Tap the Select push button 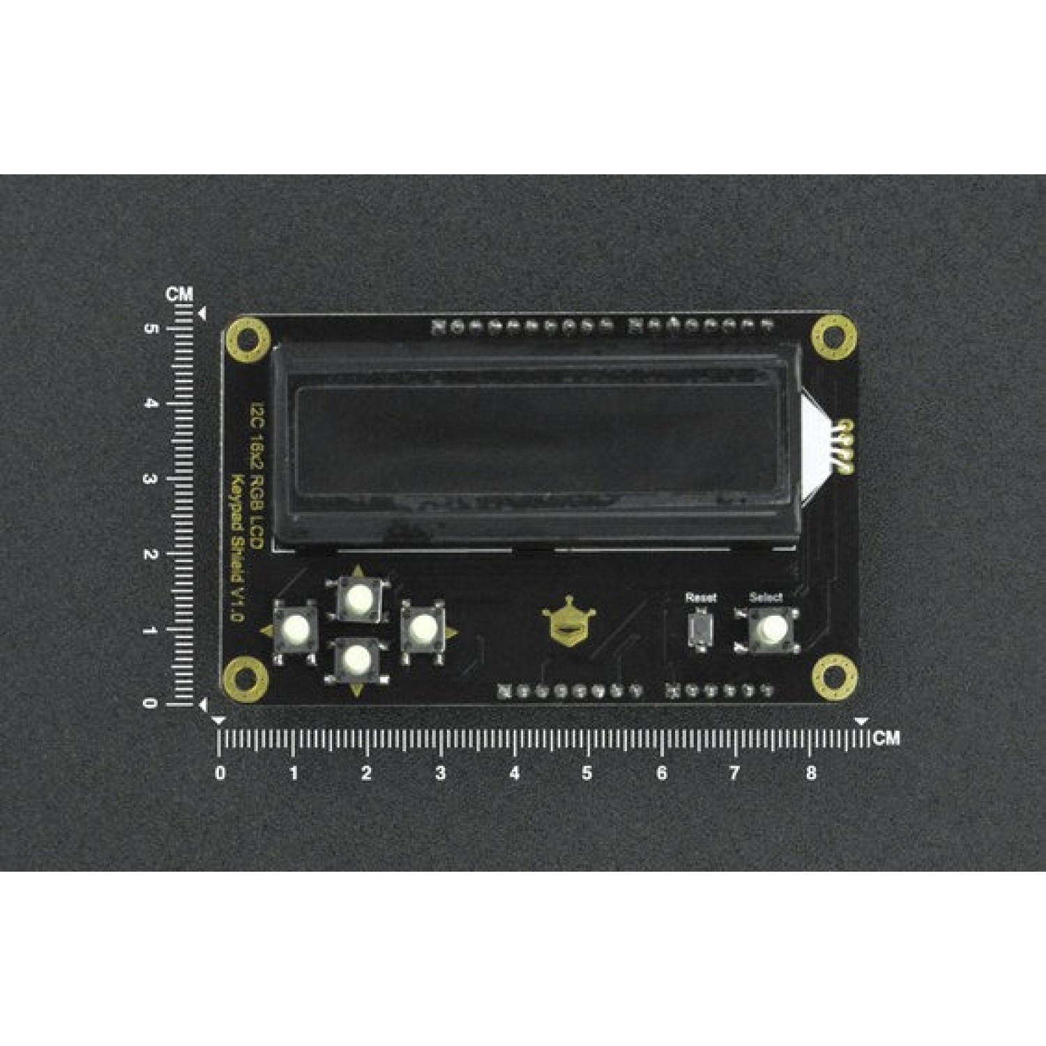(x=766, y=629)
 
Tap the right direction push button (x=421, y=629)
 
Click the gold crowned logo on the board (x=569, y=623)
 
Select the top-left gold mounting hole (x=247, y=340)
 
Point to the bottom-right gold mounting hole (x=833, y=676)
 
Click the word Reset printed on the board (x=700, y=598)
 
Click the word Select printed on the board (x=766, y=597)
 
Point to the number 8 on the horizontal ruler (x=810, y=773)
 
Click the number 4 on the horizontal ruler (x=515, y=773)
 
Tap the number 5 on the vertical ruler (x=149, y=328)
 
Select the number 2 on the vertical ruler (x=149, y=554)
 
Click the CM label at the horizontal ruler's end (x=886, y=738)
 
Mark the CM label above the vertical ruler (x=179, y=294)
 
